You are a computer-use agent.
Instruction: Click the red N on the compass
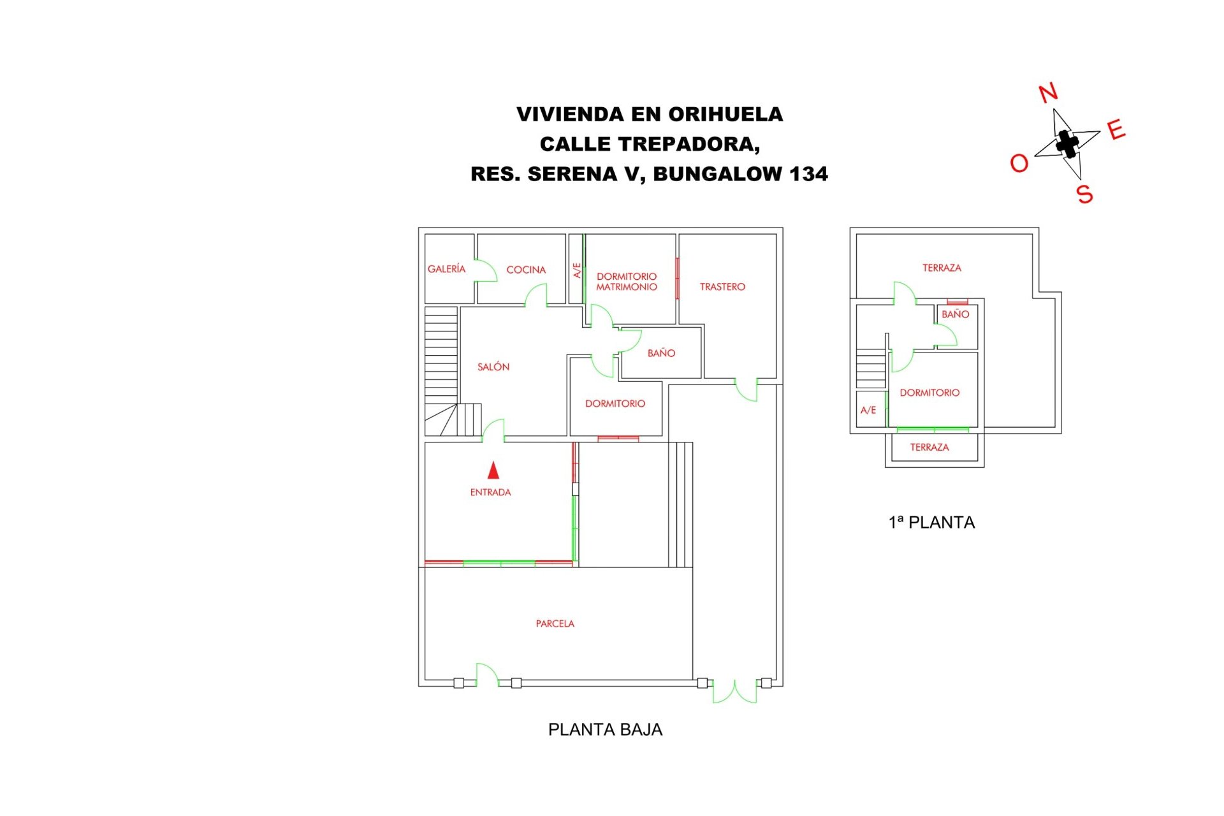(1048, 93)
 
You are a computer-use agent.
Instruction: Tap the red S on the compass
(1084, 194)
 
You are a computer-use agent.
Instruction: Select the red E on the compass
(1116, 130)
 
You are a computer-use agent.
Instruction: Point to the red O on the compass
(1019, 164)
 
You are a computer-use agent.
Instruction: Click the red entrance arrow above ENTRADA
(493, 470)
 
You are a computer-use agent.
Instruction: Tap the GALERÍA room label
(446, 269)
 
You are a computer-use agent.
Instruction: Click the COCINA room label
(526, 270)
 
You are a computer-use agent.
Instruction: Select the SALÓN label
(493, 367)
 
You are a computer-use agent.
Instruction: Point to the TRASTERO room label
(722, 287)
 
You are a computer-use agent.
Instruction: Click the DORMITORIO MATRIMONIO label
(627, 282)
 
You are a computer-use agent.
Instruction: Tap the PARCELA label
(555, 623)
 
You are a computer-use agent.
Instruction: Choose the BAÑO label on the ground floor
(661, 353)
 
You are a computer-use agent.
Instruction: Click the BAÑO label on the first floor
(955, 314)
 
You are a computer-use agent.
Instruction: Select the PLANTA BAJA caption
(605, 729)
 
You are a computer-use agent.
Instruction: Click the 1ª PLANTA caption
(931, 522)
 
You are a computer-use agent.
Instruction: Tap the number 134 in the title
(808, 173)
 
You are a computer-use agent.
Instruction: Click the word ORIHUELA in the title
(725, 114)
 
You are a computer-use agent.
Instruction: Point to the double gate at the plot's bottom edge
(734, 692)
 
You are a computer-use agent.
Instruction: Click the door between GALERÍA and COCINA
(486, 270)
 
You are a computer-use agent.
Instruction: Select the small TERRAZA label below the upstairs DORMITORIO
(929, 447)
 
